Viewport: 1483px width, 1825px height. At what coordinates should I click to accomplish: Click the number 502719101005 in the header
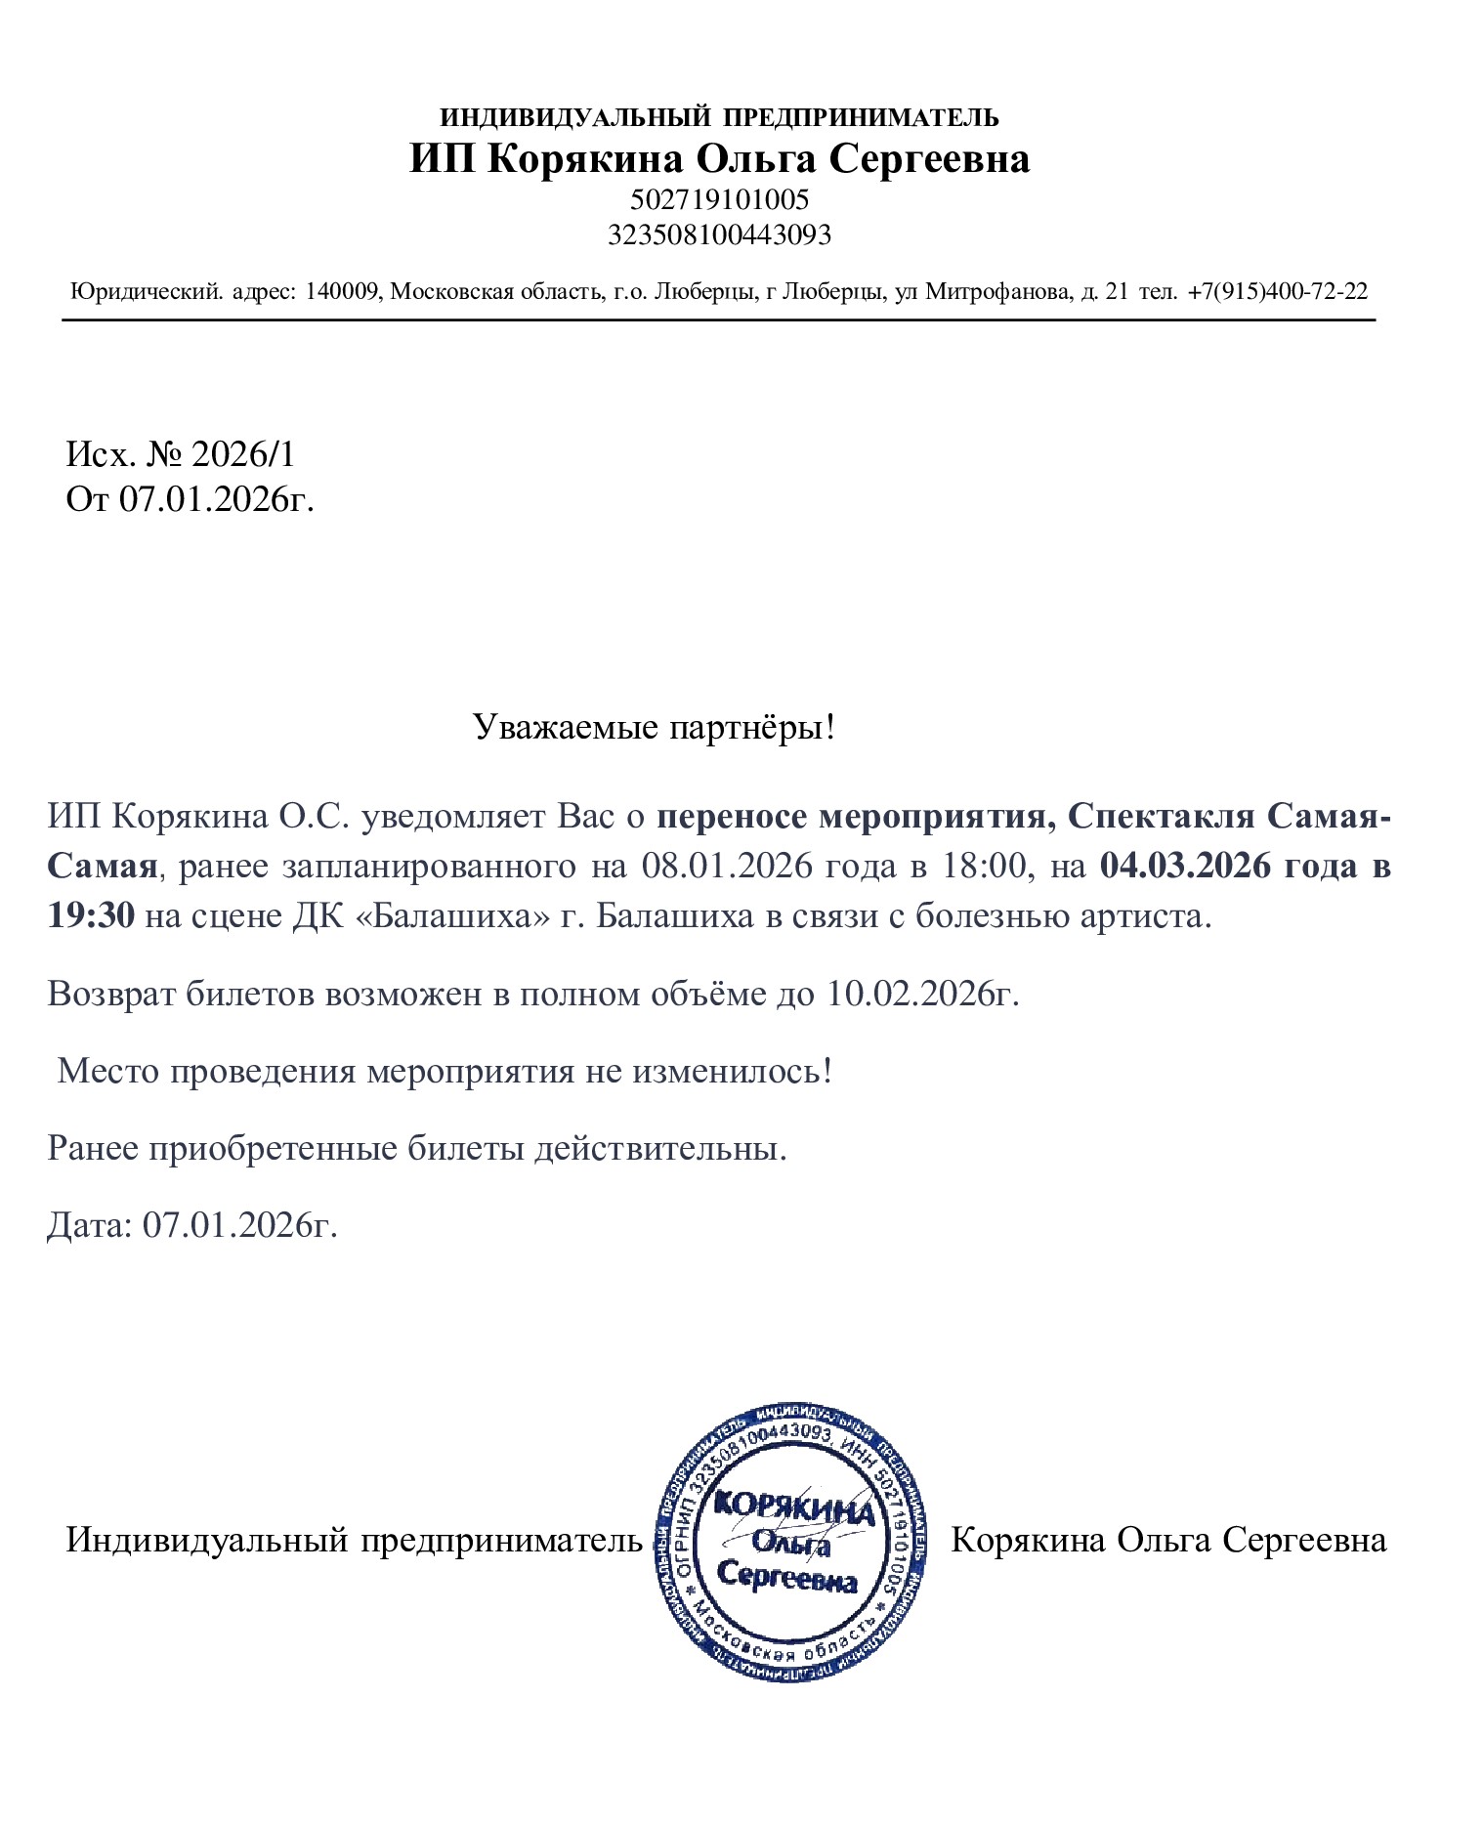pos(719,199)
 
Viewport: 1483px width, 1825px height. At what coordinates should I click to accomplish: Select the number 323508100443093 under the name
pos(719,234)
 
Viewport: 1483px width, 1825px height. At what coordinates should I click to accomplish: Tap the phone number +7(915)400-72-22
pos(1277,291)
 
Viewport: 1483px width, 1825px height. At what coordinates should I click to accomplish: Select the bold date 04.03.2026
pos(1185,866)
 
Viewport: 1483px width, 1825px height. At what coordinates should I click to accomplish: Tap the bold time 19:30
pos(91,916)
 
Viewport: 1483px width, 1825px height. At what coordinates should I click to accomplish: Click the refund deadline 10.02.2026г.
pos(922,994)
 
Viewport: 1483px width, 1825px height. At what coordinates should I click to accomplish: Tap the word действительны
pos(659,1148)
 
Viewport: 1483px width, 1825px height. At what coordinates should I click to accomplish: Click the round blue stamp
pos(791,1543)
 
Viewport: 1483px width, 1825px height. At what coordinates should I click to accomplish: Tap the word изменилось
pos(733,1071)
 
